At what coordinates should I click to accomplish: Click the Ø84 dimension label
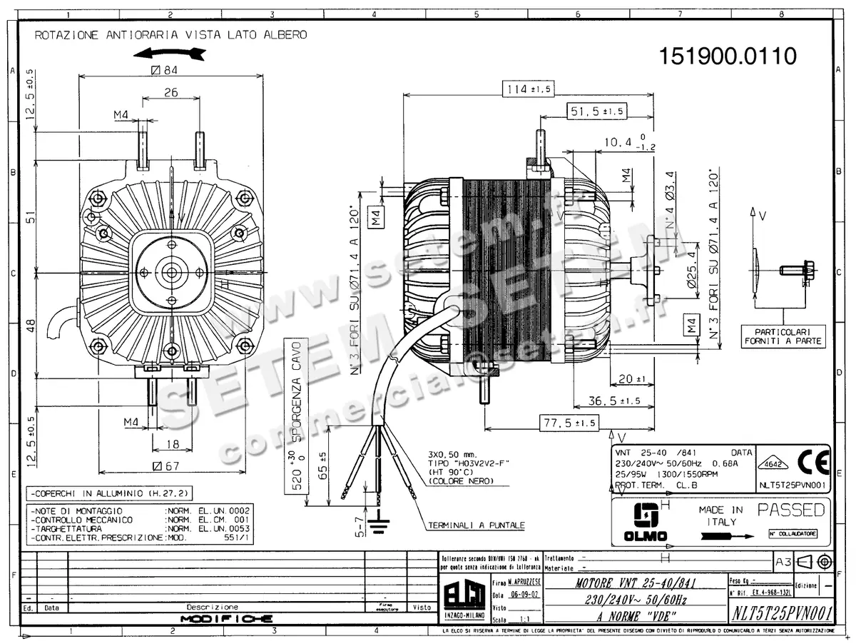point(164,69)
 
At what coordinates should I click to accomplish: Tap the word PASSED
point(790,510)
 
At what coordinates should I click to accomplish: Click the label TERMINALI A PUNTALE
point(476,525)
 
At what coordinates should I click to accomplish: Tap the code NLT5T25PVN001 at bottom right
point(782,613)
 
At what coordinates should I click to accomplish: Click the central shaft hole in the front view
point(172,272)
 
